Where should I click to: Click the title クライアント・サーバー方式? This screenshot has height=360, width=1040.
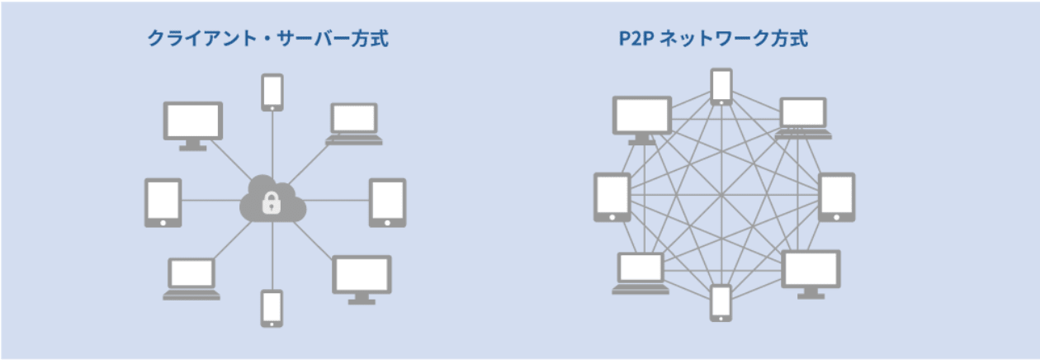tap(267, 39)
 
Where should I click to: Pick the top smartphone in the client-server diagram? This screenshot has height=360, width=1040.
tap(272, 92)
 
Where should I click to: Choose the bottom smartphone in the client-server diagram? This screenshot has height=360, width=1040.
tap(272, 308)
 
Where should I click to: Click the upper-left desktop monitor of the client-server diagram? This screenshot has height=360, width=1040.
tap(192, 124)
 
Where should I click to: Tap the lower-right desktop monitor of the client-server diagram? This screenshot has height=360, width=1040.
tap(362, 278)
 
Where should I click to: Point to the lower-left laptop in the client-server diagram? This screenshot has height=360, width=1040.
tap(191, 278)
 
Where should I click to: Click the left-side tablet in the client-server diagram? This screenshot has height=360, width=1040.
tap(163, 201)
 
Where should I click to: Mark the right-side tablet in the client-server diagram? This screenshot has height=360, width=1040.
tap(387, 201)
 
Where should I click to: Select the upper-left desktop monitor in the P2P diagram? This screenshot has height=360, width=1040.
tap(642, 118)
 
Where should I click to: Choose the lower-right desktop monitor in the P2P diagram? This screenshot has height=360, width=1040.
tap(811, 272)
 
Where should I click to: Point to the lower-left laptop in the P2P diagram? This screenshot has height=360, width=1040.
tap(641, 272)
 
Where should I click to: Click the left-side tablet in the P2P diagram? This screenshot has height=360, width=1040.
tap(612, 197)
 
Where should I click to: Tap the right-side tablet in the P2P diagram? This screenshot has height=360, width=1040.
tap(837, 197)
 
